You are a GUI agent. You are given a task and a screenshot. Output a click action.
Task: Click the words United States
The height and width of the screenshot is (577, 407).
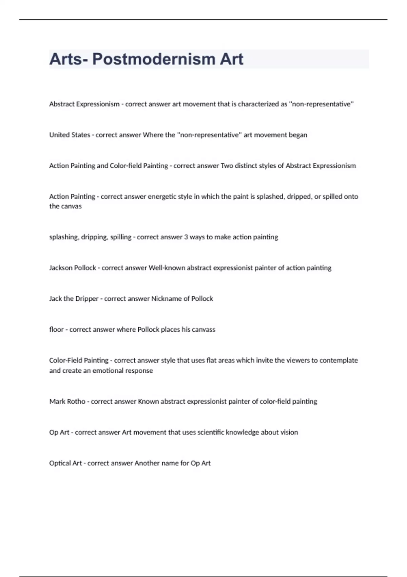(70, 135)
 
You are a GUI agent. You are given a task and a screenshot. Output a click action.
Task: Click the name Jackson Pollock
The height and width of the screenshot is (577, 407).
(73, 268)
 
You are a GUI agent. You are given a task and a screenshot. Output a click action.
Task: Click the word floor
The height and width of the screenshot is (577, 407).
(56, 330)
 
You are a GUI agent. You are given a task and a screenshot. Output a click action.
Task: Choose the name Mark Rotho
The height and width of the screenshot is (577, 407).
(67, 402)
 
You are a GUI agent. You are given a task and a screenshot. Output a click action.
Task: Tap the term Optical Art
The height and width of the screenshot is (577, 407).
(65, 463)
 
